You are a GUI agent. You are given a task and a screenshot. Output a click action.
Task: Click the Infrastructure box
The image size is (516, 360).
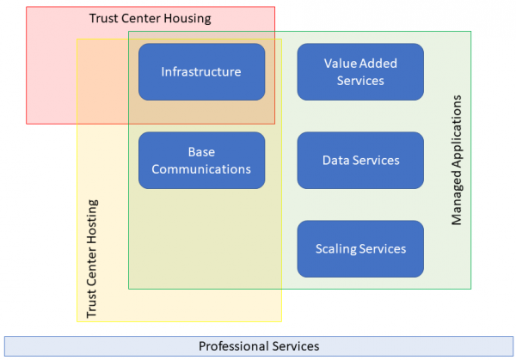coord(202,71)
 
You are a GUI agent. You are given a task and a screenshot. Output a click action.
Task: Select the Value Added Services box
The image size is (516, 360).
coord(360,71)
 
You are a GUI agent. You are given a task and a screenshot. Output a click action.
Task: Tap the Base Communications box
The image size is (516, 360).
coord(202,161)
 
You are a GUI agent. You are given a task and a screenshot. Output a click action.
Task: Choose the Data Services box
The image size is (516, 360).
coord(360,161)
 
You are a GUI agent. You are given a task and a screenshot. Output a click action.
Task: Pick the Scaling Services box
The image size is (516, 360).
coord(360,249)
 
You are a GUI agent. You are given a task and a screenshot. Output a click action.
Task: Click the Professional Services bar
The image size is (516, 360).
coord(259,346)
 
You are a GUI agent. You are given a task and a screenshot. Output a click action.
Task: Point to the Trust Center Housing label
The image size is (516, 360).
coord(150,18)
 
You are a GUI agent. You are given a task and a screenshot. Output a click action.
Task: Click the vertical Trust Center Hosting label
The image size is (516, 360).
coord(92,259)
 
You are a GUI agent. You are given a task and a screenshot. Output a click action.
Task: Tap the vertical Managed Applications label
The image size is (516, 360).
coord(457,160)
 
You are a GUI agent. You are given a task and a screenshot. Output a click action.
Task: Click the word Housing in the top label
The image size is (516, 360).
coord(187,19)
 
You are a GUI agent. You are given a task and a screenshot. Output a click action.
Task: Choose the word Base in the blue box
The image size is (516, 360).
coord(201,152)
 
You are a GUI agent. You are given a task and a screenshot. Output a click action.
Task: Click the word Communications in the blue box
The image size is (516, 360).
coord(201,169)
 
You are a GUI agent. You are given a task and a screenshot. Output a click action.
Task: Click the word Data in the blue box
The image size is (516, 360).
coord(335,161)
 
